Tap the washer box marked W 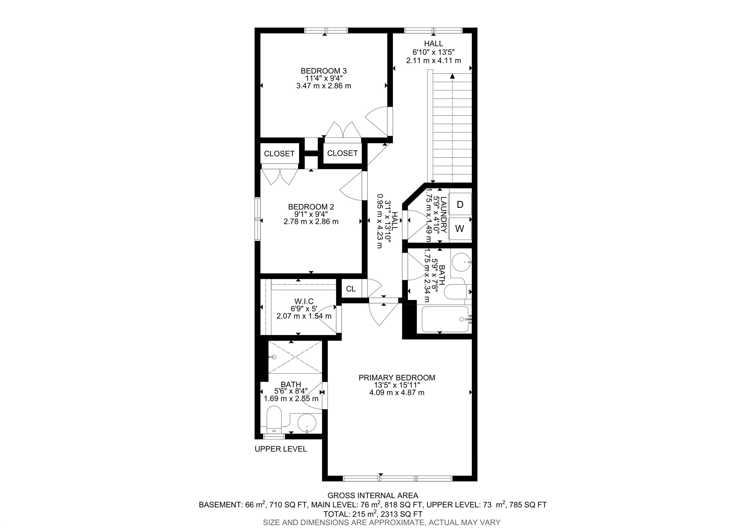coord(460,228)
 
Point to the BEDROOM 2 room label coord(311,207)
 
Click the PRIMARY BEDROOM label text coord(397,378)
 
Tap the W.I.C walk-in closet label coord(304,301)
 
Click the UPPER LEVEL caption coord(281,449)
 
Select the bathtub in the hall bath coord(445,319)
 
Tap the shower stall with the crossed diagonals coord(295,357)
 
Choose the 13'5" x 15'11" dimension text coord(397,385)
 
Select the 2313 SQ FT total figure coord(399,514)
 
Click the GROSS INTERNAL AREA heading coord(373,496)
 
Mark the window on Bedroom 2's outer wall coord(258,219)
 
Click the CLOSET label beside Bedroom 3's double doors coord(342,153)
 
